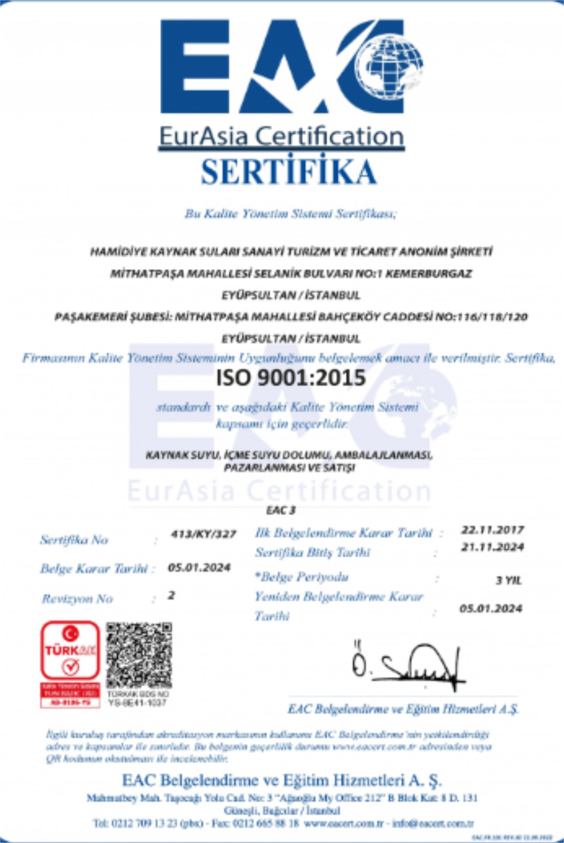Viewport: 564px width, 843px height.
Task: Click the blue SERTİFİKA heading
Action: (x=288, y=172)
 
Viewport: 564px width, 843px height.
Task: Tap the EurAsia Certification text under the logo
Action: (x=281, y=136)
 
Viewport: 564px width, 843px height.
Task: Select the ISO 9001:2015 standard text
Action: (x=291, y=378)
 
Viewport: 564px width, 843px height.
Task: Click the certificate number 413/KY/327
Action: (x=203, y=534)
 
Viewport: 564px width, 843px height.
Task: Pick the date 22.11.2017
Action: (x=492, y=530)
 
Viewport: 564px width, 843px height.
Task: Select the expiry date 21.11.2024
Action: (x=492, y=547)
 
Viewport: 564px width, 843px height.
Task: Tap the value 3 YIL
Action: (x=508, y=580)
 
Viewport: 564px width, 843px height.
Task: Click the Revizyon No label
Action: (x=77, y=599)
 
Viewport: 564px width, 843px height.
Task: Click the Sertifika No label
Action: (x=74, y=540)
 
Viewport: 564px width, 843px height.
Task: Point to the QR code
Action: (x=139, y=656)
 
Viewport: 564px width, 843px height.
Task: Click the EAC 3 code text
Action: (x=281, y=510)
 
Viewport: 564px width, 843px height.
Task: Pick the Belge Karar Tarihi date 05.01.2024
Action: (x=199, y=568)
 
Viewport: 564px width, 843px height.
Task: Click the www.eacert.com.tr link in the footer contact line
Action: (x=344, y=823)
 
